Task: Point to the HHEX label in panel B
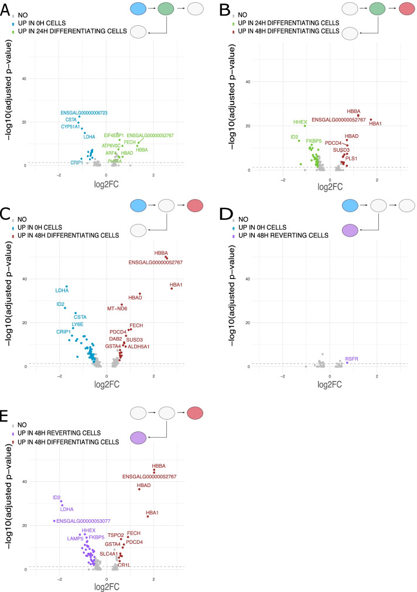(x=300, y=122)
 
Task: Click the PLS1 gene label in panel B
(x=351, y=158)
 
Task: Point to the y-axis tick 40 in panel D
(x=247, y=279)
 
